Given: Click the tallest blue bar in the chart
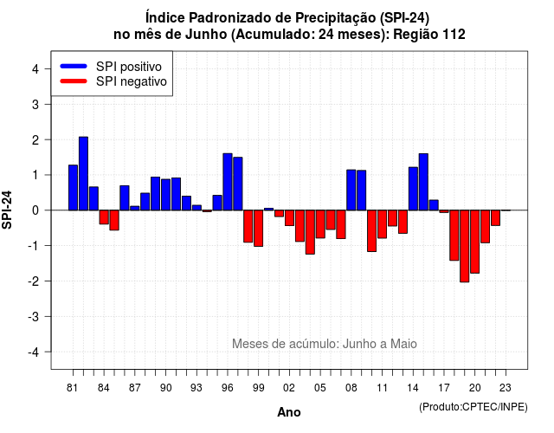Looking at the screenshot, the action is click(x=83, y=173).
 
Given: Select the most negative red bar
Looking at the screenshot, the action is click(x=465, y=246).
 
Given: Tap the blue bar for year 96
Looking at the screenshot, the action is click(x=228, y=182).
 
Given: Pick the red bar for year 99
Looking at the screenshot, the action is click(x=259, y=229).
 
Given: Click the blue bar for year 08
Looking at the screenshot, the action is click(x=351, y=191).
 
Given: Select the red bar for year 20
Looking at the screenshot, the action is click(x=475, y=242).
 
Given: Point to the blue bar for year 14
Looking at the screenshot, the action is click(x=413, y=189).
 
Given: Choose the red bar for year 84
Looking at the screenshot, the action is click(x=104, y=217).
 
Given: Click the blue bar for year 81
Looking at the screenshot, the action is click(x=73, y=188).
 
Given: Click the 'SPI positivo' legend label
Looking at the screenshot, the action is click(x=129, y=67).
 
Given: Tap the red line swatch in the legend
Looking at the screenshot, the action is click(x=74, y=81).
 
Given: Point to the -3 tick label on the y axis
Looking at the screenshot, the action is click(x=34, y=317).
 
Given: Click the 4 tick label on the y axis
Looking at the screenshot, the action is click(x=35, y=69).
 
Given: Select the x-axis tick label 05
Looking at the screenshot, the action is click(x=319, y=388).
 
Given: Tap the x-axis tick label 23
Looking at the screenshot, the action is click(x=506, y=388).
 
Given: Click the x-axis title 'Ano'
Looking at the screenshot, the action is click(x=288, y=412).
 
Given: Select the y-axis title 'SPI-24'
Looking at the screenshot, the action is click(x=7, y=210).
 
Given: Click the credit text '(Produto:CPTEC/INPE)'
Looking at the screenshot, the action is click(x=473, y=407).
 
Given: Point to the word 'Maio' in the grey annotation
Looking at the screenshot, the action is click(x=403, y=344).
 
